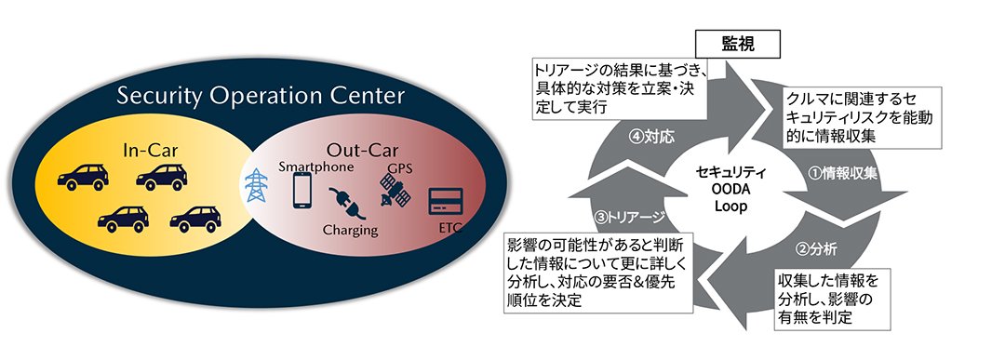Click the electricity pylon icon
click(x=254, y=189)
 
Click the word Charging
click(x=350, y=229)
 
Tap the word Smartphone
click(x=315, y=167)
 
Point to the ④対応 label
click(x=651, y=136)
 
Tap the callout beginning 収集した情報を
click(x=827, y=298)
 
